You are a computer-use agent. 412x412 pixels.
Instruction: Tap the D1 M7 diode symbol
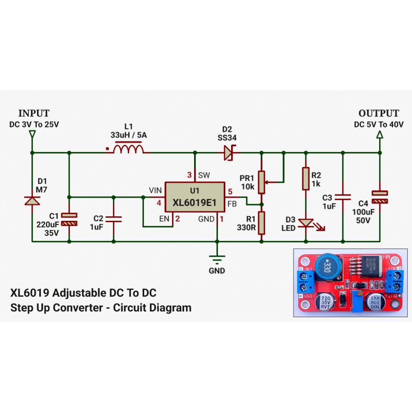click(32, 201)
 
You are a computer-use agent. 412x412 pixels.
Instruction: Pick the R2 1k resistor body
click(305, 178)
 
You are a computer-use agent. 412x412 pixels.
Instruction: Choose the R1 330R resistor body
click(261, 223)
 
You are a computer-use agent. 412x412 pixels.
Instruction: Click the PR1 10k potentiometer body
click(261, 182)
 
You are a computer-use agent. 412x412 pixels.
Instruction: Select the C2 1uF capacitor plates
click(114, 218)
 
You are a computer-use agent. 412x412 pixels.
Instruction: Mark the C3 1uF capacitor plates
click(343, 197)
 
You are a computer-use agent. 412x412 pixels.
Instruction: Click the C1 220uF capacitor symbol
click(69, 219)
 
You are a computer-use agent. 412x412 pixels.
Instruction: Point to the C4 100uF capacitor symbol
click(380, 197)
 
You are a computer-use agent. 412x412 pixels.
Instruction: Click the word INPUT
click(34, 113)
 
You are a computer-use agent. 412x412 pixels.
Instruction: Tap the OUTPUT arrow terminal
click(380, 135)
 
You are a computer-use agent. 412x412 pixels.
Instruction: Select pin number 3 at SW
click(190, 174)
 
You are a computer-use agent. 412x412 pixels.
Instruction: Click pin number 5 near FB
click(230, 191)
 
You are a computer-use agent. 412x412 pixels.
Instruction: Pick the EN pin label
click(164, 219)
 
